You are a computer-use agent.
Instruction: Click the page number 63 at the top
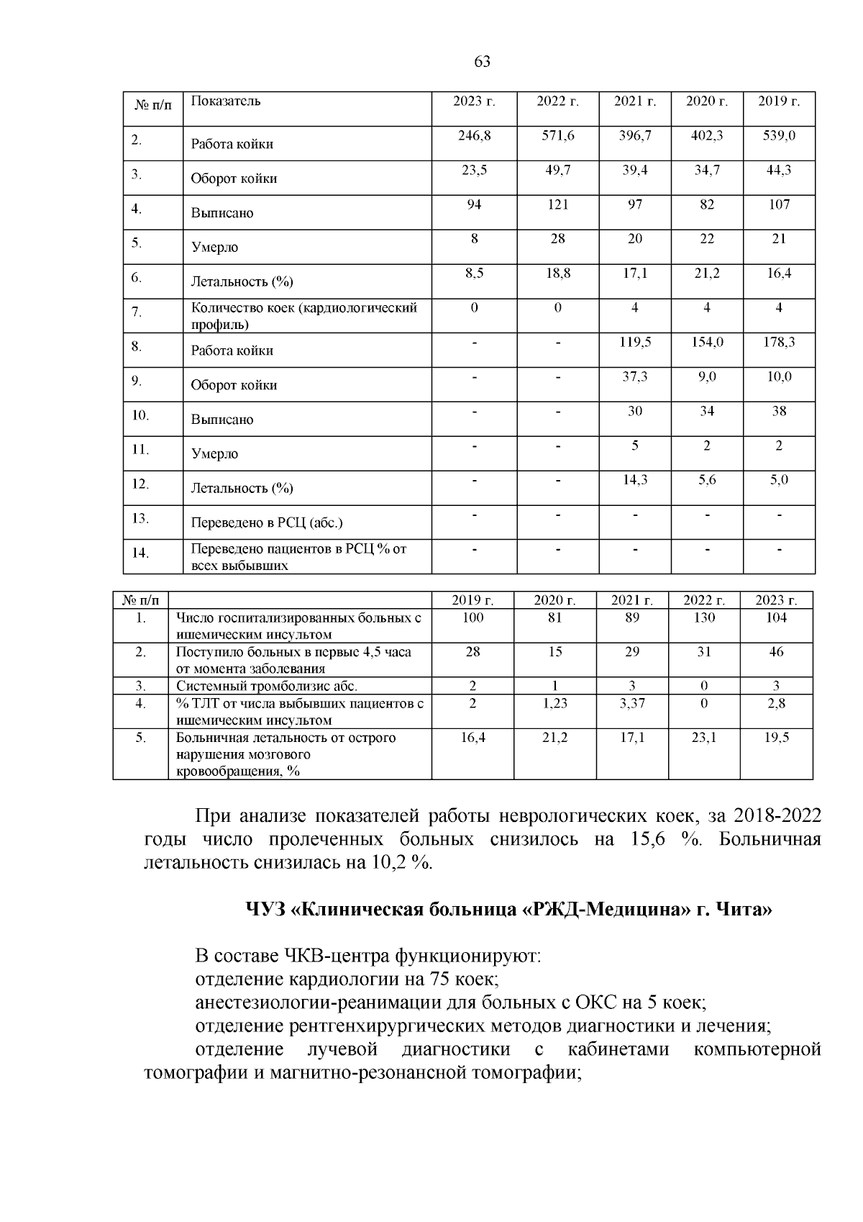(483, 62)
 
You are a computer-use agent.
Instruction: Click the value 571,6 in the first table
(557, 135)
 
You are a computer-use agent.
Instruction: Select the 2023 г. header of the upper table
(474, 101)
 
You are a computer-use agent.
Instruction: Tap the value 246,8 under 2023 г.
(474, 135)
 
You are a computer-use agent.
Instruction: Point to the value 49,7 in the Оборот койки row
(557, 170)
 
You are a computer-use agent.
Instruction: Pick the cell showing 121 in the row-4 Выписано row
(557, 204)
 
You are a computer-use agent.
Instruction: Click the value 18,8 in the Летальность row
(557, 273)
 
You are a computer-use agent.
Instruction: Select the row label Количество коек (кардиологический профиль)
(303, 316)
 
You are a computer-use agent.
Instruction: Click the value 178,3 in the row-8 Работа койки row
(779, 342)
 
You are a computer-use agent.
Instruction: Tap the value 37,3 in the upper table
(634, 376)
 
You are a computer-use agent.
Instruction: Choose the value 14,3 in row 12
(634, 479)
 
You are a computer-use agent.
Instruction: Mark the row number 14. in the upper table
(140, 553)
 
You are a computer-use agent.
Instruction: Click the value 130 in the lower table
(704, 617)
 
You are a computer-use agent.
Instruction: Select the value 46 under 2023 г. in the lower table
(776, 652)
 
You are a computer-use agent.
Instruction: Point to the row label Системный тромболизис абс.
(267, 686)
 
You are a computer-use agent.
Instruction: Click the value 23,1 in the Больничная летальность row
(704, 738)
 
